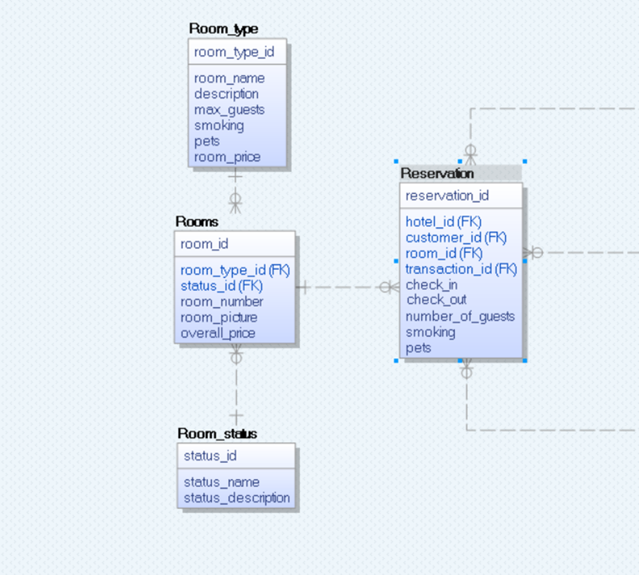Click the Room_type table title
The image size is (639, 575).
223,29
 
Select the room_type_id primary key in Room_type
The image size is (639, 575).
234,52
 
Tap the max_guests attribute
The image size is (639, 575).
230,109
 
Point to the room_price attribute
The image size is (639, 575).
228,157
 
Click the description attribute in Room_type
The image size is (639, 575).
226,94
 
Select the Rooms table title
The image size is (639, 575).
197,222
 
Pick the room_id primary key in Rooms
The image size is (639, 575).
205,244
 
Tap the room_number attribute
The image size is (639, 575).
222,302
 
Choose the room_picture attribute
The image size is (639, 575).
219,317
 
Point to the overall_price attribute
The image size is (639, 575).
217,333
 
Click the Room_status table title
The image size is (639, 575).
217,434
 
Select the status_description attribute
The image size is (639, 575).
237,498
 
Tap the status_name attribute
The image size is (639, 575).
222,482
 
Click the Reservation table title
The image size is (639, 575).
437,173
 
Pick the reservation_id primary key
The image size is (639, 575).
447,195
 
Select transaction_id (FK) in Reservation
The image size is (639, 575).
461,269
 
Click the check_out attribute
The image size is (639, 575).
436,300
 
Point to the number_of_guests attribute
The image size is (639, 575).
460,316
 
